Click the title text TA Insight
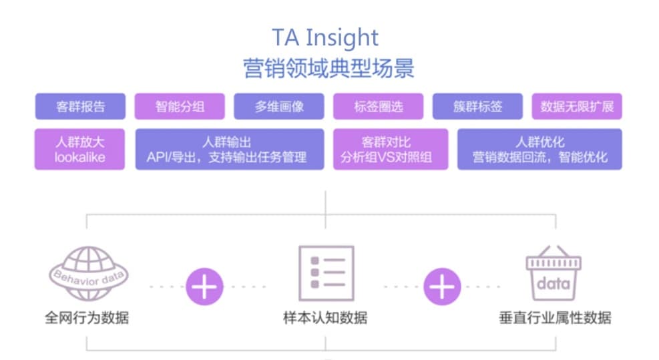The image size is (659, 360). (x=325, y=38)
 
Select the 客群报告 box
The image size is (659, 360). (x=80, y=106)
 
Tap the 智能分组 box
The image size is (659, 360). (x=180, y=106)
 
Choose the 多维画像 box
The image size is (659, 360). (x=279, y=106)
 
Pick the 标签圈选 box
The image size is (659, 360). (x=379, y=106)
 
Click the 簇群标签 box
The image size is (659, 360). (x=477, y=106)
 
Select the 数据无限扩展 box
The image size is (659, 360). (x=577, y=106)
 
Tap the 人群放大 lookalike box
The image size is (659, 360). (x=80, y=150)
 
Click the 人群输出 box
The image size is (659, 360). (x=230, y=150)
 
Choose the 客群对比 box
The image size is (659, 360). (x=391, y=150)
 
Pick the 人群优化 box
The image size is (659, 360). (x=539, y=150)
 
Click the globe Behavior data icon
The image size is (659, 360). (x=89, y=273)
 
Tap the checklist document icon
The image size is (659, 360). (x=326, y=273)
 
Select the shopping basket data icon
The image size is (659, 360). (x=554, y=273)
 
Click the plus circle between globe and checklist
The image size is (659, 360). (x=204, y=287)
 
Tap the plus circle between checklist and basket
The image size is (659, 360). (x=442, y=287)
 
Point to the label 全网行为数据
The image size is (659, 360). (x=87, y=317)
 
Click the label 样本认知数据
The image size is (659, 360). (x=325, y=317)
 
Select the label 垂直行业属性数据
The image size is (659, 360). (x=556, y=317)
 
